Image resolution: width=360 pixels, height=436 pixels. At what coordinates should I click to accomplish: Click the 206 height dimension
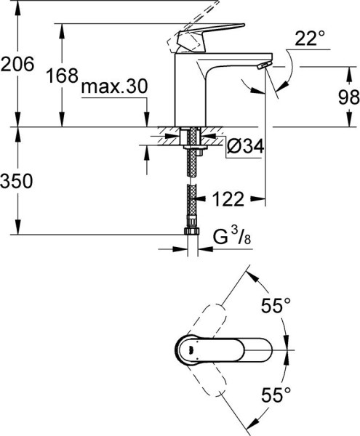(17, 65)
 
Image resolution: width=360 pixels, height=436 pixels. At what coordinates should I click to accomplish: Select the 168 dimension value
(62, 76)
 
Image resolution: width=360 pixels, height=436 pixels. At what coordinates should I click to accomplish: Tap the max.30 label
(114, 86)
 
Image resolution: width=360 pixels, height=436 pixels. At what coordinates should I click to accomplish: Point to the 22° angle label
(310, 38)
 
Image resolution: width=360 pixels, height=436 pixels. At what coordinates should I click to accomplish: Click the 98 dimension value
(349, 97)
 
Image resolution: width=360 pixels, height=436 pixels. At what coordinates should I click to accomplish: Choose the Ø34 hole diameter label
(245, 146)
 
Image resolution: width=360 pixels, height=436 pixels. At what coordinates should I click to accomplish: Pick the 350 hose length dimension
(17, 181)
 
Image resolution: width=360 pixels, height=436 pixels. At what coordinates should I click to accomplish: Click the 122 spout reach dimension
(228, 199)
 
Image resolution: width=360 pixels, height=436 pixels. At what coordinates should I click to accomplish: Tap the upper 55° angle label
(276, 306)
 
